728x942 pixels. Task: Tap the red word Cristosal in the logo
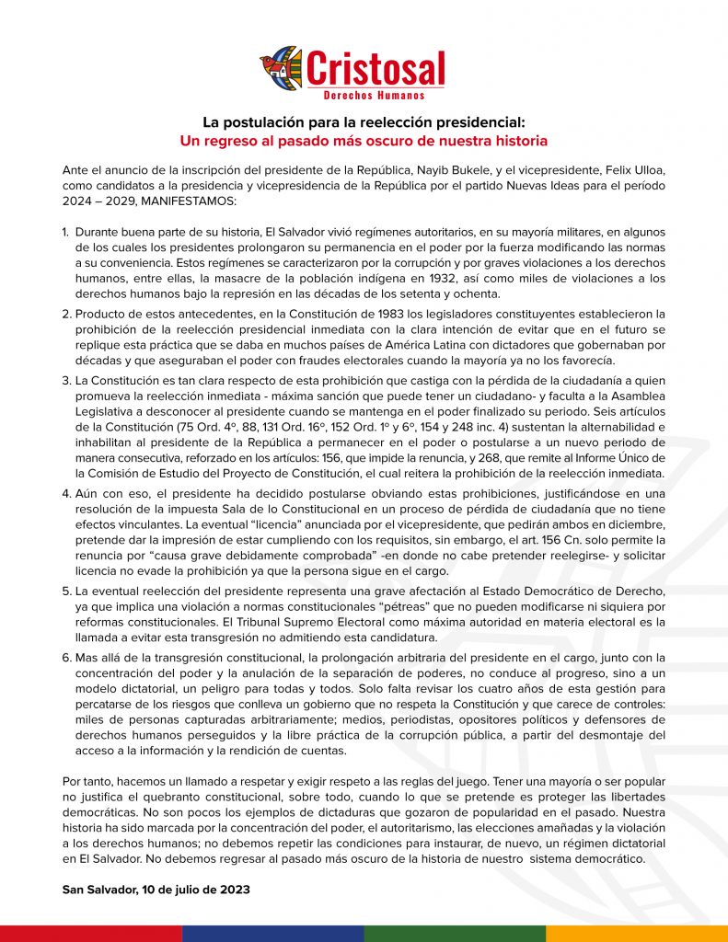coord(375,68)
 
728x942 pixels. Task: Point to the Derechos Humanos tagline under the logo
coord(375,95)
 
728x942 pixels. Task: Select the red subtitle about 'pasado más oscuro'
coord(364,142)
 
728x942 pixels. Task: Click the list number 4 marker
coord(66,492)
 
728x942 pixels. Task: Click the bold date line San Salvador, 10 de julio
coord(156,890)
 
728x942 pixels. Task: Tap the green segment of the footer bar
coord(455,933)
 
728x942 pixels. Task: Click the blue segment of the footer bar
coord(272,933)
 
